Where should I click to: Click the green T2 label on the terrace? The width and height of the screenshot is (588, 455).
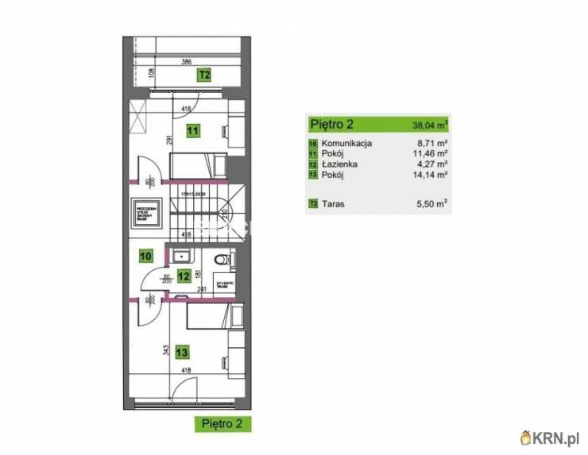[204, 75]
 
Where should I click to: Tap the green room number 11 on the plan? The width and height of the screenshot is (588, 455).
[192, 132]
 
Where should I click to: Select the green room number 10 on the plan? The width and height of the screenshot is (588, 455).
[146, 256]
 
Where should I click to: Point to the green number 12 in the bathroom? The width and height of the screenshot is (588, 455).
[184, 276]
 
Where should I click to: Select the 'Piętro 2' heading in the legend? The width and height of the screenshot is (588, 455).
[331, 124]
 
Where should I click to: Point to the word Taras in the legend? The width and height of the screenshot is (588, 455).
[335, 203]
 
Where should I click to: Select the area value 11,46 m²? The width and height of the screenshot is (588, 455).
[430, 154]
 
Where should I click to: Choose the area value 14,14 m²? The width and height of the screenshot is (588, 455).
[430, 175]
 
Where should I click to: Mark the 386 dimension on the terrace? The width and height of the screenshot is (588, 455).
[186, 61]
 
